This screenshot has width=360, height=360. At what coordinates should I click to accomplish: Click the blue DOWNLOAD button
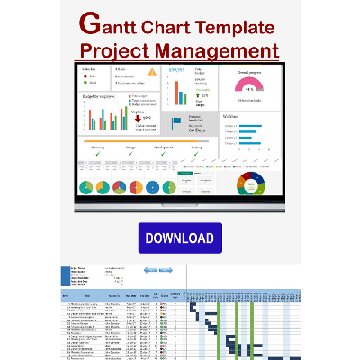179,238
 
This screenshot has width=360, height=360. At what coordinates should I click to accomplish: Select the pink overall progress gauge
249,85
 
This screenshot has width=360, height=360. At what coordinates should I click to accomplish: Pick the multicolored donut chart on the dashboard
249,184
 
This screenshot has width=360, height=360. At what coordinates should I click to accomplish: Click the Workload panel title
231,115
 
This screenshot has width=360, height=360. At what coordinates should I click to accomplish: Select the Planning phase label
98,146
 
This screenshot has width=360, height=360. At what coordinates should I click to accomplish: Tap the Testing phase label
196,146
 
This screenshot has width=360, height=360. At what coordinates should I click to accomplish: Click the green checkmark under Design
131,154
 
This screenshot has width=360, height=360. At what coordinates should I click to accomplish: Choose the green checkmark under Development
164,154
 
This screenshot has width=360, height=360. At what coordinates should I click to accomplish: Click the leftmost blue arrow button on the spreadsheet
151,270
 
